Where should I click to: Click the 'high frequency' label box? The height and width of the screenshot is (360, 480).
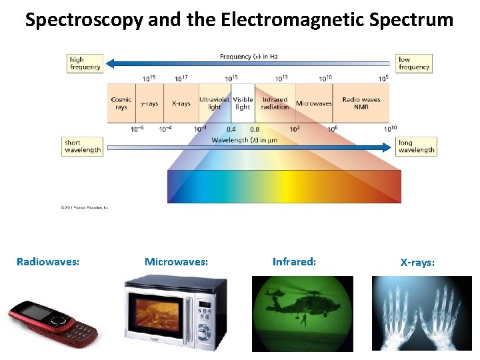[85, 63]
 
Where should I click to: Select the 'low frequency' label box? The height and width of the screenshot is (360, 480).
[414, 63]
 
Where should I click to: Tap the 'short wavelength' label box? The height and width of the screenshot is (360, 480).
[83, 147]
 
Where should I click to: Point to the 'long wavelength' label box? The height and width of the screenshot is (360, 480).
[415, 147]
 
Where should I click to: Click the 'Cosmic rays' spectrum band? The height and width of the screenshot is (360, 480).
[121, 103]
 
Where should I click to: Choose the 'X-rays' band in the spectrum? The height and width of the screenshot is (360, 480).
[181, 103]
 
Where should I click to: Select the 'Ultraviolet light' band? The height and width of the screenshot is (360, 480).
[214, 103]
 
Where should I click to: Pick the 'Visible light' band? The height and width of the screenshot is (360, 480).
[243, 103]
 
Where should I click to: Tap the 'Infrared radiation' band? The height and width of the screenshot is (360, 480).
[275, 103]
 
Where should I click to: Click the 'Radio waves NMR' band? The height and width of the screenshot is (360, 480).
[361, 103]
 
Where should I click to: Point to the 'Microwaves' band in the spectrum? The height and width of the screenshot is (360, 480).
[313, 103]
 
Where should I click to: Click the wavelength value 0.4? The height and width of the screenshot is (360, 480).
[231, 129]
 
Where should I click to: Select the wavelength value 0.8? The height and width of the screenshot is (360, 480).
[254, 129]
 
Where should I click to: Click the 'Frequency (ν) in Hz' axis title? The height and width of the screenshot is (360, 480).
[249, 57]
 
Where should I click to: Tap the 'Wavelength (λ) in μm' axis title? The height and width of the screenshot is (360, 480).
[243, 140]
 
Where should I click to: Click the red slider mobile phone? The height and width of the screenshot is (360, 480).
[52, 323]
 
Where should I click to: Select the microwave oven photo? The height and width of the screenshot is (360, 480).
[175, 313]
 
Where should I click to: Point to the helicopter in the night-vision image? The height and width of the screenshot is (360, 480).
[293, 303]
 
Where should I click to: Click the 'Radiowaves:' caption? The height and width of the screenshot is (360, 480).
[48, 262]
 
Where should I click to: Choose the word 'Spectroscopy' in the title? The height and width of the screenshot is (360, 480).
[83, 20]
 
